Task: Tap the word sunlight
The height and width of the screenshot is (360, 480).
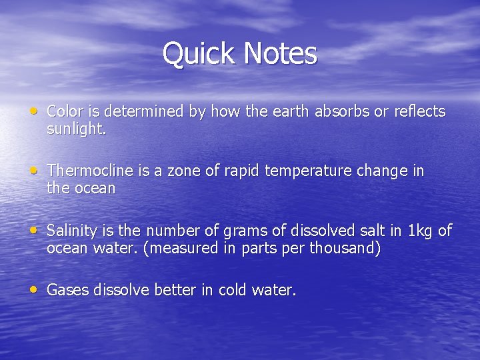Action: click(75, 129)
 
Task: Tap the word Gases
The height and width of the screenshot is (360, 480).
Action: click(68, 291)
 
